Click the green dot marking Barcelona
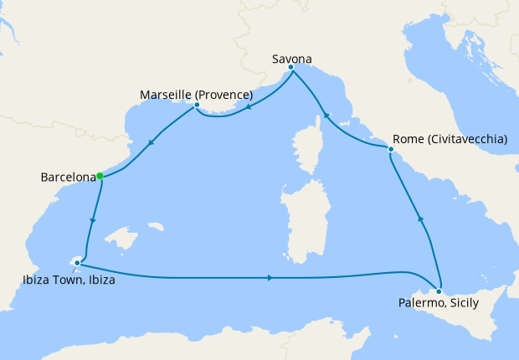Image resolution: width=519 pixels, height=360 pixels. point(100,176)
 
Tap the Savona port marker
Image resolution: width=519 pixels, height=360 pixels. point(290,68)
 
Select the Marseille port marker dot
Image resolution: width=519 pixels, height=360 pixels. point(197,105)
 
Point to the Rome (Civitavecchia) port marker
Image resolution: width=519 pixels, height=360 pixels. point(391,149)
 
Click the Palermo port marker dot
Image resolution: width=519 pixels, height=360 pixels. point(439,291)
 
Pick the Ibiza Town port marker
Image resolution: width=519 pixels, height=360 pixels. point(77,263)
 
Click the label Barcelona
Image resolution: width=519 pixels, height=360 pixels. point(67,177)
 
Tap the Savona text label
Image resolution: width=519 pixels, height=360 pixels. point(292,59)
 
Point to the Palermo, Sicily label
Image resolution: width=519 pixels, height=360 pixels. point(439,302)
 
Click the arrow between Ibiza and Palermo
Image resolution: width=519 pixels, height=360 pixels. point(270,277)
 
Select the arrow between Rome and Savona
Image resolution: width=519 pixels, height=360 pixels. point(326,115)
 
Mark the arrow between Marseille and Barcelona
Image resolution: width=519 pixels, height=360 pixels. point(151,142)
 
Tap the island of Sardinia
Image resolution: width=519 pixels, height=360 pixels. point(301,222)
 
